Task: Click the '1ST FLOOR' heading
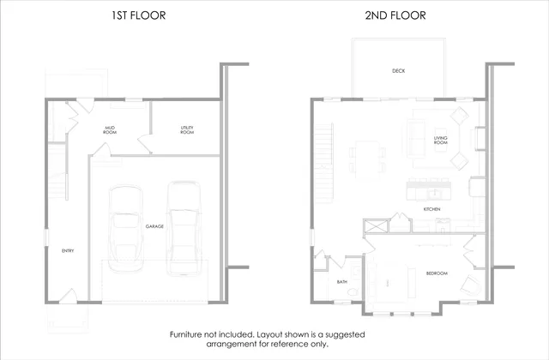pos(139,15)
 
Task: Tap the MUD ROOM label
pos(110,130)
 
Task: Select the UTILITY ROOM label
pos(187,130)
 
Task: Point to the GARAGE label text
pos(154,226)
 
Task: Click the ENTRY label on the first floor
pos(67,251)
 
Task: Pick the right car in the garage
pos(183,227)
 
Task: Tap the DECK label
pos(398,71)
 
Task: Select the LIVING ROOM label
pos(440,139)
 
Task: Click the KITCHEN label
pos(432,209)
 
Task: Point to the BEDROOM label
pos(437,273)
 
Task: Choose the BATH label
pos(341,282)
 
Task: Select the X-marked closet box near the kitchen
pos(375,226)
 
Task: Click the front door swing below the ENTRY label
pos(69,296)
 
